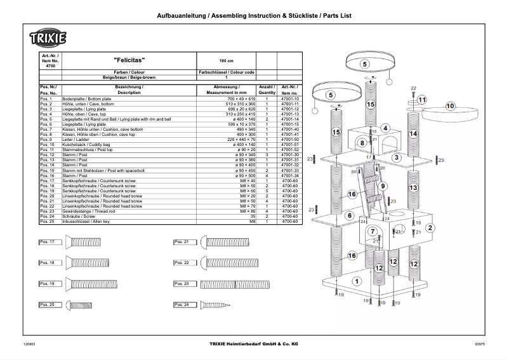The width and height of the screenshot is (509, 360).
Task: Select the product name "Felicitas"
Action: [x=128, y=60]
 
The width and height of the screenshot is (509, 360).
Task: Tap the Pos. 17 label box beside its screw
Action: [x=51, y=242]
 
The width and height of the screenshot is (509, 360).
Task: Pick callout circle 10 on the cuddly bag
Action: [x=450, y=106]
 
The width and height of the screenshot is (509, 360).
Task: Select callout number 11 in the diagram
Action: [x=422, y=100]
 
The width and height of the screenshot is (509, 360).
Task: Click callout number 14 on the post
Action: [x=413, y=134]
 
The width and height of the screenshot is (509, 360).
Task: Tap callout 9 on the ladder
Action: [x=383, y=185]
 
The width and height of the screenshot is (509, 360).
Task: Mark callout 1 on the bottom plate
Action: [x=356, y=280]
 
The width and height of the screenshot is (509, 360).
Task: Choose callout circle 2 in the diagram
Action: [x=430, y=227]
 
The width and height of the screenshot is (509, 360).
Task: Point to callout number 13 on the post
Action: [x=413, y=188]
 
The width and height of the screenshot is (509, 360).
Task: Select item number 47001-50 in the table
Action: [x=289, y=138]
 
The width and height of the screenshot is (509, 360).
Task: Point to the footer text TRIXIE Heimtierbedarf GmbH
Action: [x=254, y=344]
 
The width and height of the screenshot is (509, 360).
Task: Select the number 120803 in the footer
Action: [x=29, y=344]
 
